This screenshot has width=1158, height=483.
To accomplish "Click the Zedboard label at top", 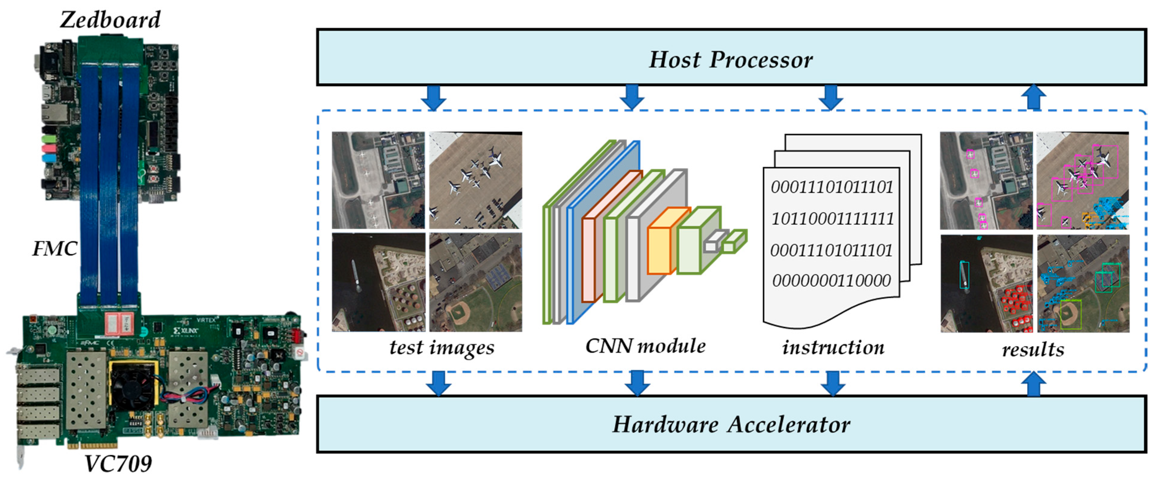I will [x=110, y=20].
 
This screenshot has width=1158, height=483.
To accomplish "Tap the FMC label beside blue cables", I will [x=55, y=248].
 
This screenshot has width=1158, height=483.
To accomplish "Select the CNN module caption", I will [x=645, y=346].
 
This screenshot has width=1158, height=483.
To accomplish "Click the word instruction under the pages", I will [x=833, y=347].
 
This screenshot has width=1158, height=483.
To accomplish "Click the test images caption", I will [x=441, y=347].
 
